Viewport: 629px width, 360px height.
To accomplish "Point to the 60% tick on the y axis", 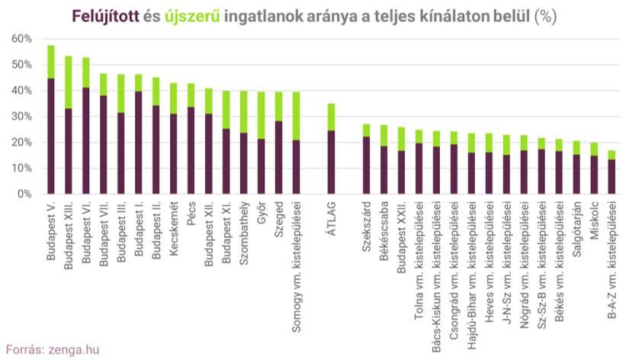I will click(x=21, y=39).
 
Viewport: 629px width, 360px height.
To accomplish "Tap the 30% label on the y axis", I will click(x=21, y=117).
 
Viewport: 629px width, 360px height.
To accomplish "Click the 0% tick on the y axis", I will click(x=24, y=194).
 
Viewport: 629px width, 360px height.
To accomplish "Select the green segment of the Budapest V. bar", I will click(x=51, y=62).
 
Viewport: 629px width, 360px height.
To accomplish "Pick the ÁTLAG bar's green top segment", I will click(x=331, y=117).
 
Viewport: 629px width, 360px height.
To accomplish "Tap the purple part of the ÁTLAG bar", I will click(x=331, y=162).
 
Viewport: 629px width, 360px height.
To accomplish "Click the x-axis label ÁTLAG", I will click(x=331, y=218).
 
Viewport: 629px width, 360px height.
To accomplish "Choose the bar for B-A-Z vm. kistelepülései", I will click(x=611, y=172).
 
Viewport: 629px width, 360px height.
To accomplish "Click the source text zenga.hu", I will click(x=72, y=349).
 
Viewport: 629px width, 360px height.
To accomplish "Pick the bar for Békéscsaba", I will click(x=383, y=160).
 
